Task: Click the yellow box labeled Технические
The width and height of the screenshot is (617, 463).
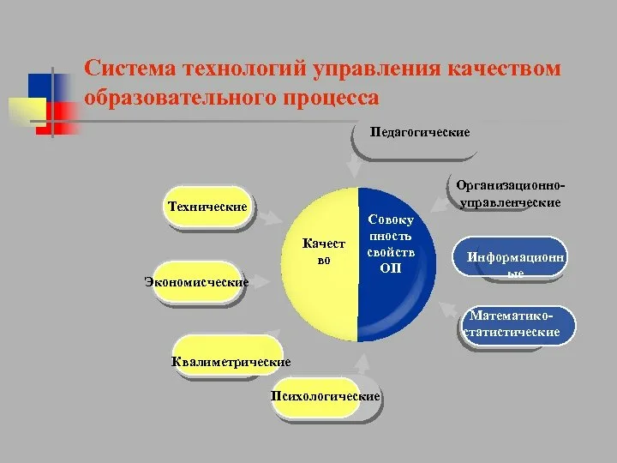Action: pyautogui.click(x=207, y=207)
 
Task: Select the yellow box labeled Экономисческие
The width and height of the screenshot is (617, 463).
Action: pyautogui.click(x=197, y=281)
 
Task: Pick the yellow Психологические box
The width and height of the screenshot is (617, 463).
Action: pyautogui.click(x=315, y=397)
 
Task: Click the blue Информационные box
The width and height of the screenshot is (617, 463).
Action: pyautogui.click(x=510, y=256)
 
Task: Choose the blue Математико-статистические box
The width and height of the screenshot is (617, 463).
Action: pyautogui.click(x=516, y=326)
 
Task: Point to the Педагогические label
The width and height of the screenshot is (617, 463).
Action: pyautogui.click(x=419, y=132)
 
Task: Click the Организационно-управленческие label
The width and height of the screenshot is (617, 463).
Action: pyautogui.click(x=511, y=194)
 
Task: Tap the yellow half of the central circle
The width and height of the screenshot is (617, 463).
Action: pyautogui.click(x=320, y=264)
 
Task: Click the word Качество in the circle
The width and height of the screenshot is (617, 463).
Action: pyautogui.click(x=323, y=251)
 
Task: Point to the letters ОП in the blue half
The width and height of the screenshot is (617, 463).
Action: pyautogui.click(x=391, y=268)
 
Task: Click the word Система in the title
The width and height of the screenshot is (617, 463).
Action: pyautogui.click(x=130, y=68)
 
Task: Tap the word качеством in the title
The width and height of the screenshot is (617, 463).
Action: pyautogui.click(x=504, y=68)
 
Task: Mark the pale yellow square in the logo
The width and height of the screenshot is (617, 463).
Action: pyautogui.click(x=27, y=111)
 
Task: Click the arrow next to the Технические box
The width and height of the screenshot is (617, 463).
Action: pyautogui.click(x=270, y=218)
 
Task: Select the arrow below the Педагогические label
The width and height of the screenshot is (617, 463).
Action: pyautogui.click(x=354, y=167)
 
